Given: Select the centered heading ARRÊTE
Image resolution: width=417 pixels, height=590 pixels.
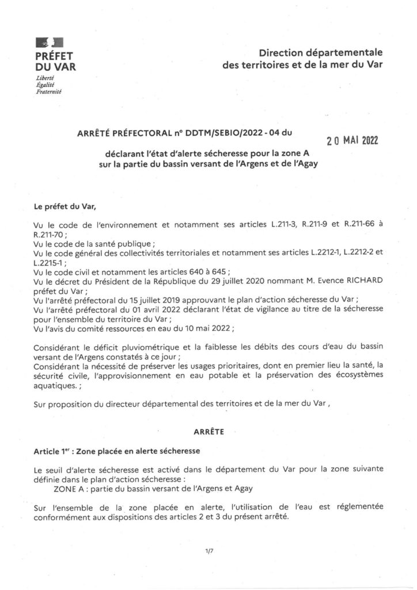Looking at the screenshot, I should [208, 430].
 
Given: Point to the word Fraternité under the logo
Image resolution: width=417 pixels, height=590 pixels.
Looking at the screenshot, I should [49, 92].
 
